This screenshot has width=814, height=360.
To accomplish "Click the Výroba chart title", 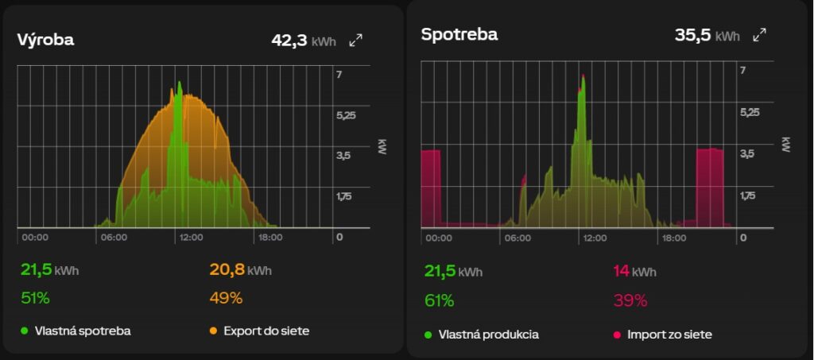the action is click(45, 40).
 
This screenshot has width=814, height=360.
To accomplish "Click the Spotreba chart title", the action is click(459, 34).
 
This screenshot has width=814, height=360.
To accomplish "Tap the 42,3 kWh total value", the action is click(304, 41).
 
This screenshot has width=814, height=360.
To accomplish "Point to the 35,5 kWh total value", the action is click(707, 35).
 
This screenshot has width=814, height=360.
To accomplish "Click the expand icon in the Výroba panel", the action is click(355, 41).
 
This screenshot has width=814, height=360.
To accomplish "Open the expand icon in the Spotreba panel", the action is click(759, 35).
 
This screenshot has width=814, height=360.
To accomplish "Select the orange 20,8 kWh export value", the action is click(240, 269).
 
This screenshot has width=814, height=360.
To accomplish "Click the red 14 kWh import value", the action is click(635, 271).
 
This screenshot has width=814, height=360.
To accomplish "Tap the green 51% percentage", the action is click(35, 298).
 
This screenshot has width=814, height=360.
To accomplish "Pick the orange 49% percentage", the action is click(226, 298).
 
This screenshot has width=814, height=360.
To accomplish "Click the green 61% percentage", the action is click(439, 300).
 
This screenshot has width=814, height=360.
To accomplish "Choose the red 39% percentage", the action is click(630, 300).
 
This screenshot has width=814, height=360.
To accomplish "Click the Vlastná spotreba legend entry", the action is click(76, 331).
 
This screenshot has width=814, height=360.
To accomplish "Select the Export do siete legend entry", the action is click(260, 331).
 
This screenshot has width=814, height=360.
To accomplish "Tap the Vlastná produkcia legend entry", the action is click(482, 335).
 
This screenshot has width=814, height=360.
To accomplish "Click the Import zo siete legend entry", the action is click(663, 335).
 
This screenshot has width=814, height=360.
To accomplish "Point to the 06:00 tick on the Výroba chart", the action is click(114, 238).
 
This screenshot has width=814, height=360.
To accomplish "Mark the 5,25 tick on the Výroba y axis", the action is click(347, 115).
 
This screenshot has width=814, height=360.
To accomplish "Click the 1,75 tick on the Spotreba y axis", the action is click(750, 195).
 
